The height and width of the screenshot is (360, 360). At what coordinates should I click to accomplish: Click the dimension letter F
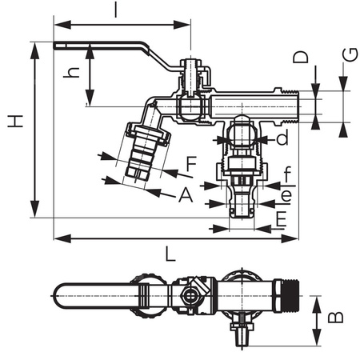pyautogui.click(x=190, y=165)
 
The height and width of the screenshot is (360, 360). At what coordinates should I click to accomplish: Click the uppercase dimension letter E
pyautogui.click(x=281, y=218)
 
